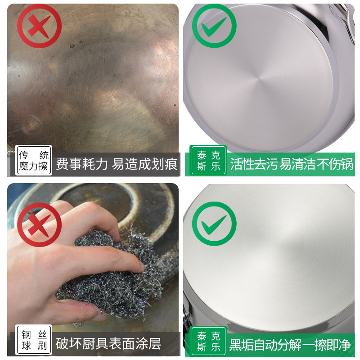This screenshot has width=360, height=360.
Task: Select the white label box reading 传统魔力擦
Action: click(34, 161)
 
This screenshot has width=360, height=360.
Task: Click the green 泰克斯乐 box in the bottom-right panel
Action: click(209, 341)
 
